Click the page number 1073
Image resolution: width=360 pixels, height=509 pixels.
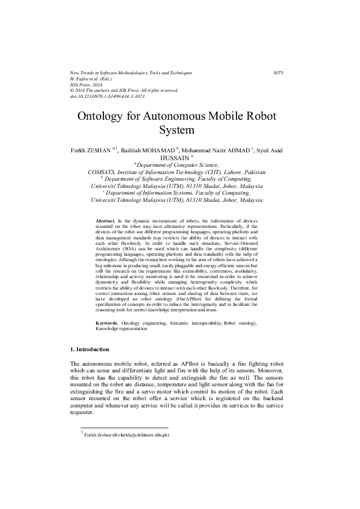pos(278,73)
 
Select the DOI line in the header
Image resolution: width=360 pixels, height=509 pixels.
pos(107,96)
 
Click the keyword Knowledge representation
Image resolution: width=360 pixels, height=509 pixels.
pos(121,329)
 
